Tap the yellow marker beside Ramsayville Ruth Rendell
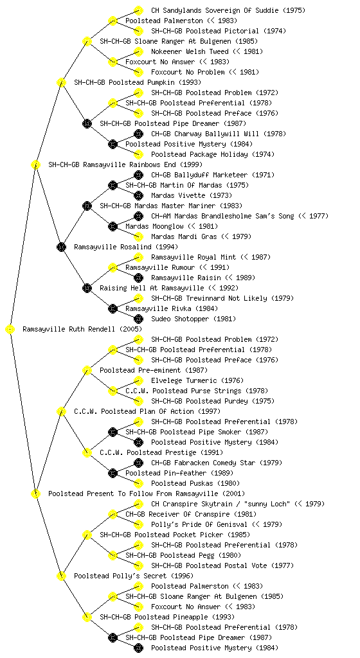click(10, 329)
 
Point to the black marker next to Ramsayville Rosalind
click(61, 247)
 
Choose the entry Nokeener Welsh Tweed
click(190, 51)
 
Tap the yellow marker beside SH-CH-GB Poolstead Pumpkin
click(61, 82)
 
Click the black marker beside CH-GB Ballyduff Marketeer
click(138, 175)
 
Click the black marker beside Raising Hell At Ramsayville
click(87, 288)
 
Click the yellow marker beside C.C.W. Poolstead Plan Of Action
click(61, 411)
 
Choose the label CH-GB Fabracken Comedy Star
click(203, 463)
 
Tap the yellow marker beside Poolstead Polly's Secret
click(61, 576)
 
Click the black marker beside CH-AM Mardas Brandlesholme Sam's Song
click(138, 216)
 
